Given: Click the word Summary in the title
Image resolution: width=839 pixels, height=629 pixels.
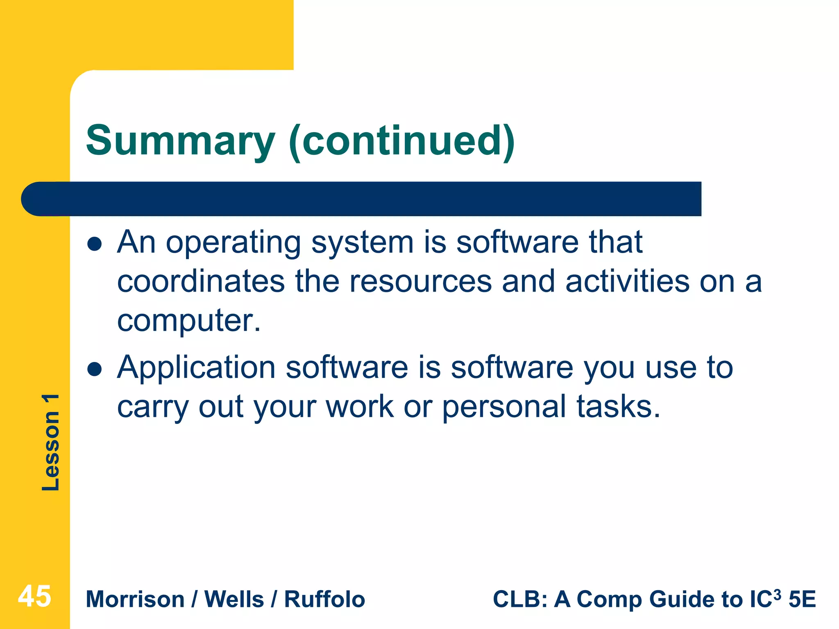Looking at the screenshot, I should (180, 141).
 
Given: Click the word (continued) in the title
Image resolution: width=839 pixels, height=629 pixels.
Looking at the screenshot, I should (401, 141).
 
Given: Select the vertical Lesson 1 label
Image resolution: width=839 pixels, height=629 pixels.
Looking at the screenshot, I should (51, 442).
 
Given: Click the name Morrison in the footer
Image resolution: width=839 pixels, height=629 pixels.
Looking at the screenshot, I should (135, 600).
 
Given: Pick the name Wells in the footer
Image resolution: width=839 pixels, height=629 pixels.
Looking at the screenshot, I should (234, 600).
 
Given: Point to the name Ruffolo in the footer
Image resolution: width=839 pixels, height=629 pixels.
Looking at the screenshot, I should (324, 600).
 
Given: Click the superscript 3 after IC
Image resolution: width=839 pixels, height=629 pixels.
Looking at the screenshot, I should (777, 593).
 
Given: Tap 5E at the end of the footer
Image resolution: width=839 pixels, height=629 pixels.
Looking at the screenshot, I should (802, 600).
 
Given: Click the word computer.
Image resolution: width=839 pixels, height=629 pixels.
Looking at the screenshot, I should (188, 321).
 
